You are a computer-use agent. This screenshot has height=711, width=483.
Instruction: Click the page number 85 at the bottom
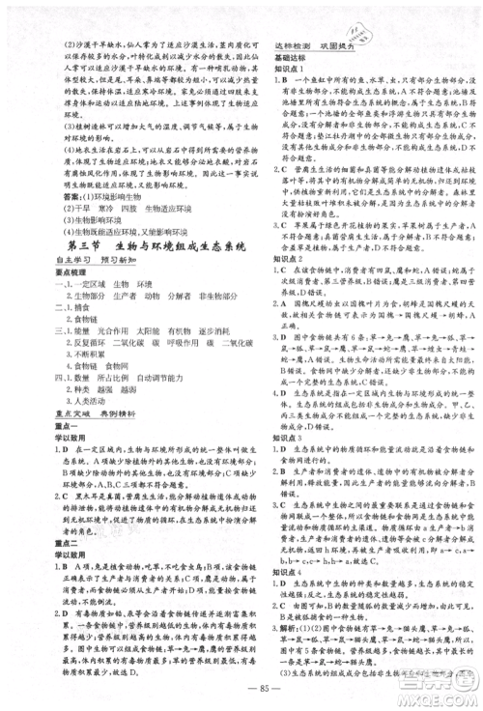coord(242,689)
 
